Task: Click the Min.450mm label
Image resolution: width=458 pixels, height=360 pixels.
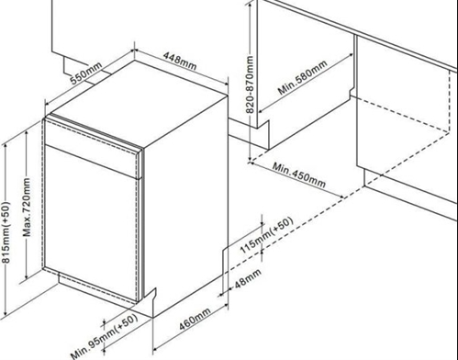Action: [299, 173]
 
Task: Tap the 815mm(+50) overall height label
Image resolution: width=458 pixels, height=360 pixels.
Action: [7, 234]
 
